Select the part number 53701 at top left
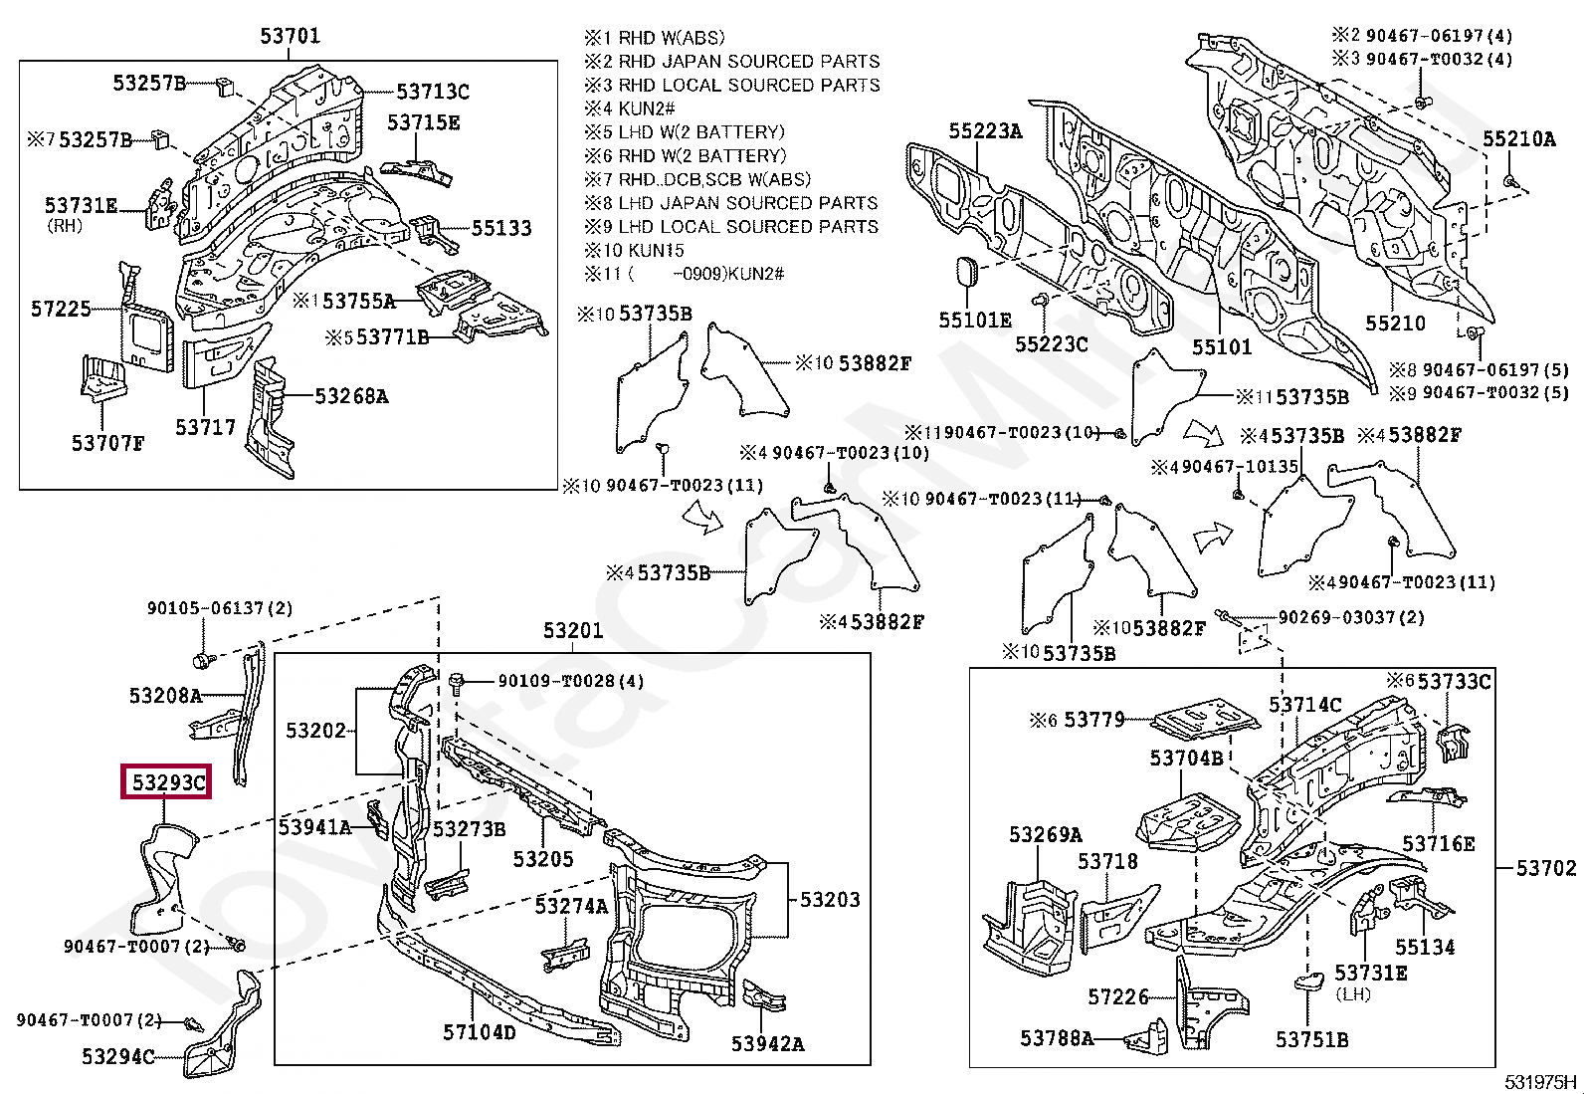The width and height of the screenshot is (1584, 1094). (x=290, y=36)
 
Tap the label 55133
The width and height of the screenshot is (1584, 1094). (x=501, y=228)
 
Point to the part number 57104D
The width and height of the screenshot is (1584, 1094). (x=480, y=1032)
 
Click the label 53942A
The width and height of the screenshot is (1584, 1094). (x=767, y=1044)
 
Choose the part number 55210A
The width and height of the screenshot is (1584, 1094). (x=1519, y=138)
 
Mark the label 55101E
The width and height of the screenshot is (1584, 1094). (x=975, y=320)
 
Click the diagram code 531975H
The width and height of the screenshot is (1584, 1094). (x=1540, y=1082)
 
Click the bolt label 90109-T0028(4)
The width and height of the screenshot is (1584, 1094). (x=571, y=681)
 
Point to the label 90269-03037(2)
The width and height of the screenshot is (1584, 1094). (x=1351, y=617)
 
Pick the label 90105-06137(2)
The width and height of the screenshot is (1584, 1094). (x=220, y=608)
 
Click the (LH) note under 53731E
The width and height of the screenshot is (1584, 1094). (x=1353, y=994)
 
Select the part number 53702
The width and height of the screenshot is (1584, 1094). (x=1546, y=868)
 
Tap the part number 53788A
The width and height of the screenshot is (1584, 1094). (x=1057, y=1038)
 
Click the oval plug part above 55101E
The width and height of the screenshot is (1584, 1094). (x=966, y=273)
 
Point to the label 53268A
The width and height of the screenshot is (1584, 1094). (x=351, y=395)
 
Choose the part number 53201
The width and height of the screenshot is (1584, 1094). (x=573, y=630)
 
